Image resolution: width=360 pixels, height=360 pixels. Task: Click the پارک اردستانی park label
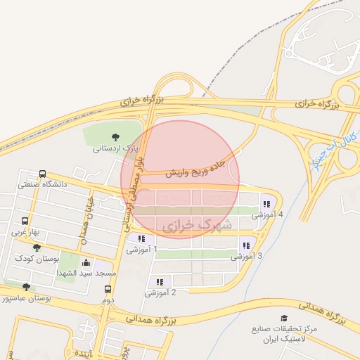(116, 149)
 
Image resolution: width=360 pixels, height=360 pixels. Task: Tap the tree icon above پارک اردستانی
(116, 136)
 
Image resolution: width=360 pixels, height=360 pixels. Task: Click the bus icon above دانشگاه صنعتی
(43, 174)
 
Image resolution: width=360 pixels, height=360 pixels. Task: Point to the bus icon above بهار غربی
(26, 220)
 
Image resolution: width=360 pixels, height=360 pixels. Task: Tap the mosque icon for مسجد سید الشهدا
(86, 263)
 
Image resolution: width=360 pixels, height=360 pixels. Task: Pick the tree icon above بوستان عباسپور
(26, 287)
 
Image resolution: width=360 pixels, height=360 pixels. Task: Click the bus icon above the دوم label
(108, 288)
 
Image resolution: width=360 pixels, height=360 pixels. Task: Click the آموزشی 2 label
(160, 292)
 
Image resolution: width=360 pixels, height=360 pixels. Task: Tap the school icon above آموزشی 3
(245, 245)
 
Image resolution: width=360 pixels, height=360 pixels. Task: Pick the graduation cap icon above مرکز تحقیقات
(284, 319)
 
